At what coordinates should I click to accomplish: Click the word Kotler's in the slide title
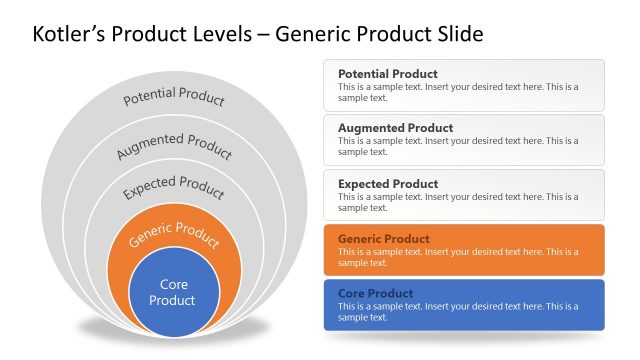click(x=72, y=35)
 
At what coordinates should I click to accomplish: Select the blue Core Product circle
click(x=174, y=292)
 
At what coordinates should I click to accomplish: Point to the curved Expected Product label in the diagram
click(x=174, y=187)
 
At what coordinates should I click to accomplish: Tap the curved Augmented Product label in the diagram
click(x=174, y=145)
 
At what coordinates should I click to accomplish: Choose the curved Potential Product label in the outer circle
click(x=174, y=98)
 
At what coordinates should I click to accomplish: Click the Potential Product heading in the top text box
click(x=387, y=74)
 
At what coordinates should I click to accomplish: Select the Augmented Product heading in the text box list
click(x=395, y=128)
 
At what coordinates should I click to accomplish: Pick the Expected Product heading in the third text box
click(x=387, y=184)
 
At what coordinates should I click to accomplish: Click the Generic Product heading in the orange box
click(x=383, y=239)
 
